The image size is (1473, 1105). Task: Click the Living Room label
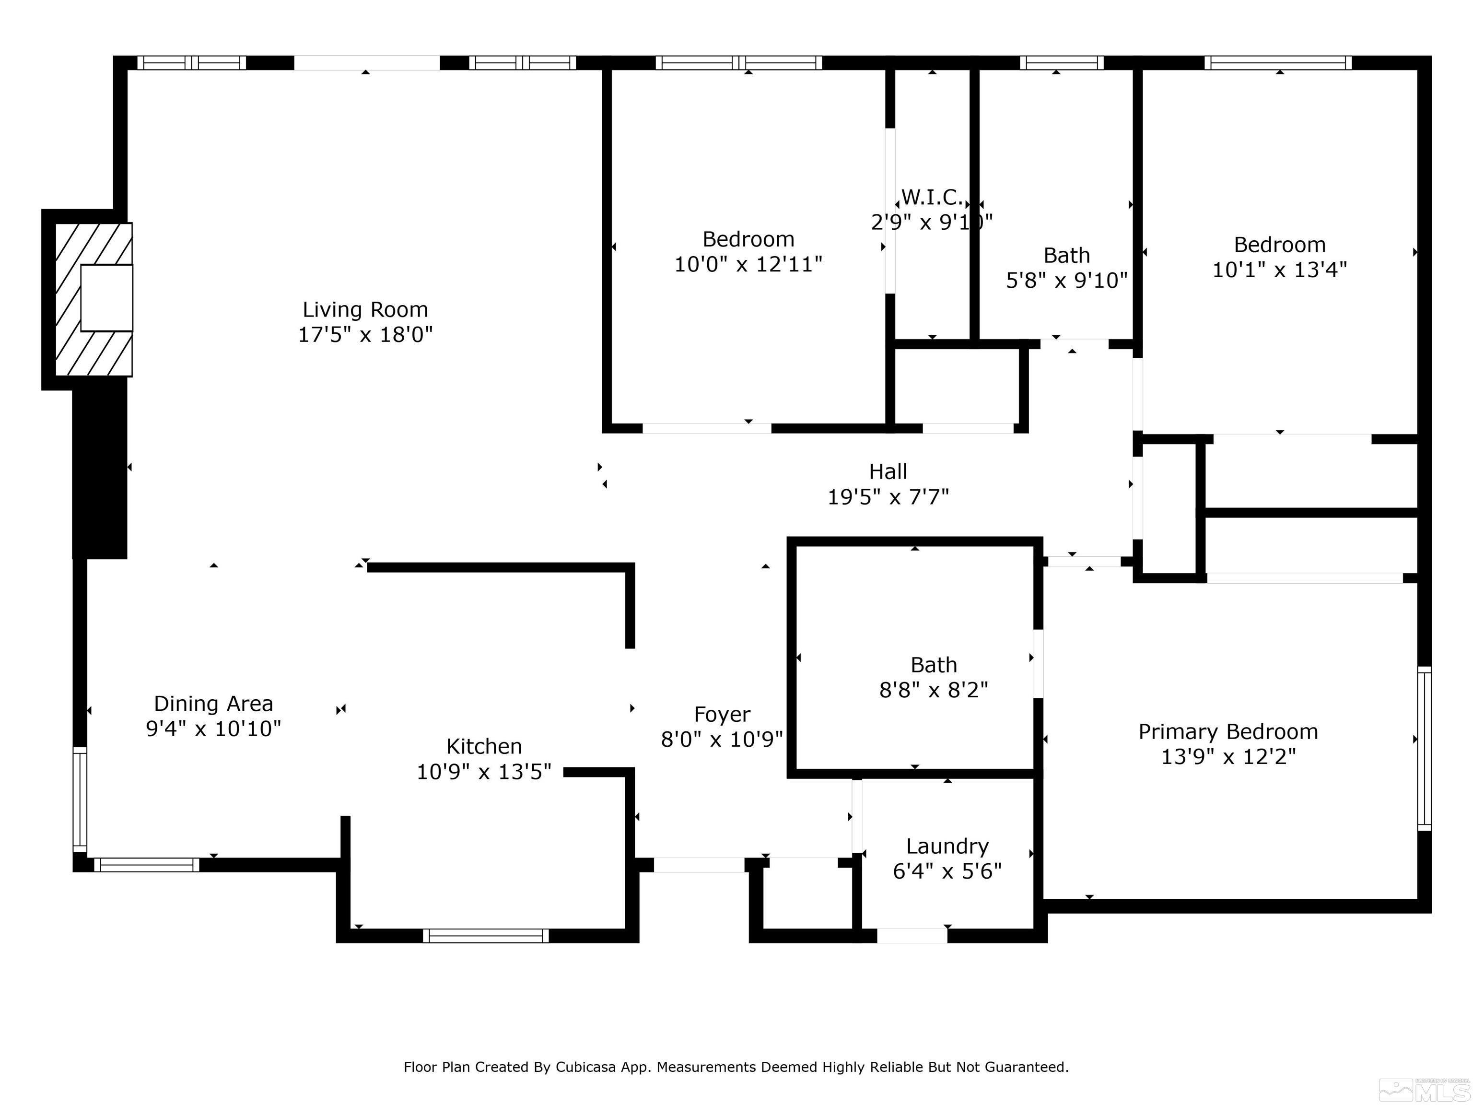coord(365,310)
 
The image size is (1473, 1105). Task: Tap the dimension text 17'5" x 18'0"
coord(365,334)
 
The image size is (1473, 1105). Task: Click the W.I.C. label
coord(931,197)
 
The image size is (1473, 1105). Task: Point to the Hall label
coord(888,471)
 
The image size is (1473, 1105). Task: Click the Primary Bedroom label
coord(1228,731)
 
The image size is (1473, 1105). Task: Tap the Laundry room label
coord(947,846)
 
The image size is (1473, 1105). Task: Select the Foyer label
coord(722,714)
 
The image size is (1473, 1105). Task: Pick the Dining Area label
coord(213,704)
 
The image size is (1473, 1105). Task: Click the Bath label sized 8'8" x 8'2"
coord(934,665)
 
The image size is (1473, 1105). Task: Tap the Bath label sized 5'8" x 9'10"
coord(1066,255)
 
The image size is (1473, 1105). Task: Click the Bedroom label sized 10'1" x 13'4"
coord(1279,245)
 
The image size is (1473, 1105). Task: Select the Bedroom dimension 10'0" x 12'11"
coord(748,264)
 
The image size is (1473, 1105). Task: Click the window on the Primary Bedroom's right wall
coord(1424,749)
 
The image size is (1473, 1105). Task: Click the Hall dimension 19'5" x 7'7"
coord(888,497)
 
